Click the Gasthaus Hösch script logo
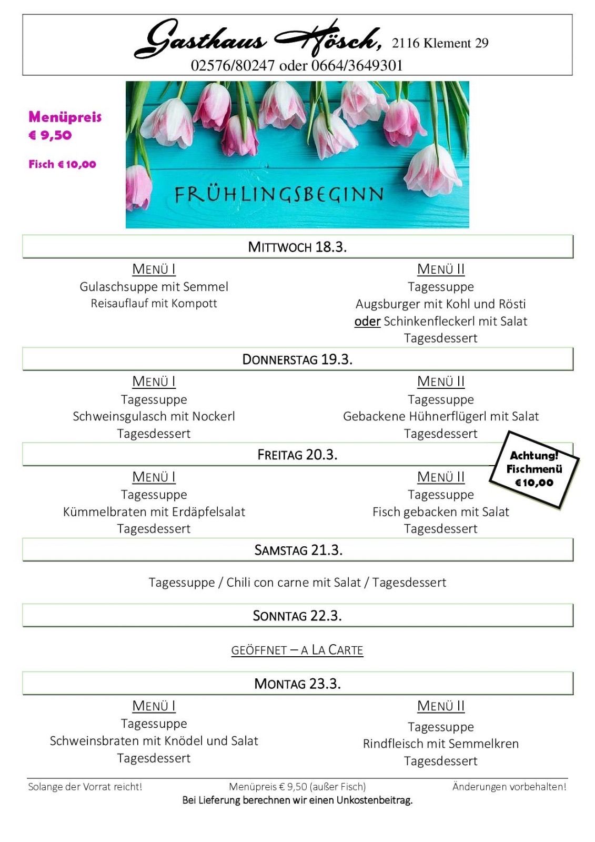pyautogui.click(x=258, y=39)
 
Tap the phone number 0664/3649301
pyautogui.click(x=357, y=66)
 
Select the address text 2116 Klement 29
pyautogui.click(x=440, y=43)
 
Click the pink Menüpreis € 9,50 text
pyautogui.click(x=65, y=126)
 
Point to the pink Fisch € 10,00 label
pyautogui.click(x=62, y=164)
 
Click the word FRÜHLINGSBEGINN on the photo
pyautogui.click(x=279, y=194)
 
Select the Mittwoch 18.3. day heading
pyautogui.click(x=297, y=247)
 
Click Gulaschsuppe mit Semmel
pyautogui.click(x=154, y=287)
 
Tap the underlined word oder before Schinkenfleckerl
pyautogui.click(x=367, y=321)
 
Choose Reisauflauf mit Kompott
pyautogui.click(x=154, y=304)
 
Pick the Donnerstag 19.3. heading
pyautogui.click(x=297, y=359)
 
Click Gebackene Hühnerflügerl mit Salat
pyautogui.click(x=441, y=416)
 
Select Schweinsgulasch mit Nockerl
pyautogui.click(x=154, y=416)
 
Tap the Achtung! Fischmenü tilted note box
pyautogui.click(x=534, y=469)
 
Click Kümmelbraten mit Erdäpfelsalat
pyautogui.click(x=154, y=512)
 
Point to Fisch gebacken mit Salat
pyautogui.click(x=441, y=512)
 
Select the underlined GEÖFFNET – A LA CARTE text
pyautogui.click(x=297, y=650)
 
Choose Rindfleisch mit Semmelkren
pyautogui.click(x=441, y=744)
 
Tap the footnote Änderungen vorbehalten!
pyautogui.click(x=509, y=787)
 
